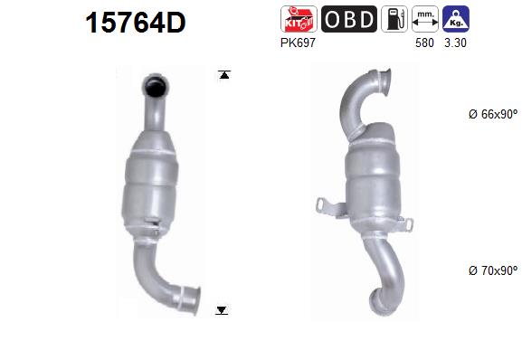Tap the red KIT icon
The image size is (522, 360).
[299, 19]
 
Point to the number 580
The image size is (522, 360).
[422, 42]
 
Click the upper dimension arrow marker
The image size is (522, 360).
[223, 74]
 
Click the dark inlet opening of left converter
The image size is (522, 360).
[156, 88]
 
